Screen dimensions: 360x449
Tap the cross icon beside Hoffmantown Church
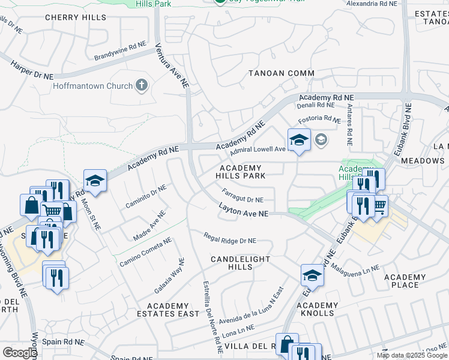pos(142,85)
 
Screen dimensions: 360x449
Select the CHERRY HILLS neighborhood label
pos(76,18)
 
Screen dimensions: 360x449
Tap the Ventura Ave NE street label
pos(172,66)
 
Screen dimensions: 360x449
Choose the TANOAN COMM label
pos(282,73)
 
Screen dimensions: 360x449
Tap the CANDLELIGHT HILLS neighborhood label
pos(240,263)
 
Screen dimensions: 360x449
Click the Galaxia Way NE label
pos(168,275)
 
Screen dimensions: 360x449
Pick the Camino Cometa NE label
pos(145,251)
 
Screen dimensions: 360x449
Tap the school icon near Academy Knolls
pos(312,275)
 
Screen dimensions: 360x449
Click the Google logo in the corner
pos(19,353)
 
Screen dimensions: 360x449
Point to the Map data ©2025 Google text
pos(411,355)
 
